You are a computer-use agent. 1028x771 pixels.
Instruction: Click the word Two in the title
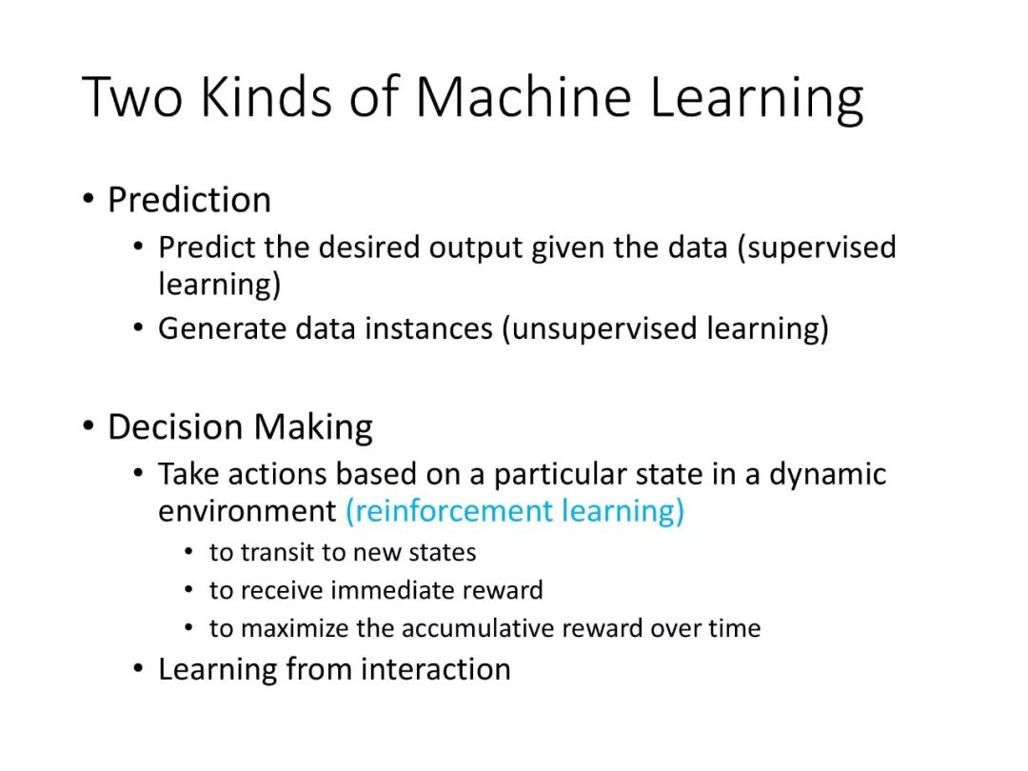point(131,97)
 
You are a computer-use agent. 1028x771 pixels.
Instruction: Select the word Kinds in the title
point(267,97)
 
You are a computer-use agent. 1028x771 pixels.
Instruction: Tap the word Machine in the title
point(524,97)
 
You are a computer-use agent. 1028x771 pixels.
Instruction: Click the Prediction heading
point(189,199)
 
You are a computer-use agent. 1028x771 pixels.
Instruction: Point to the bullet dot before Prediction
point(89,199)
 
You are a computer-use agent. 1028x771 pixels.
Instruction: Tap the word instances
point(428,327)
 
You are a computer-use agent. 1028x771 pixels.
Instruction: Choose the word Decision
point(175,426)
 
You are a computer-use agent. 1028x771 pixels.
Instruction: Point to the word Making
point(313,428)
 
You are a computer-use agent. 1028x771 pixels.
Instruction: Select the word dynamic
point(827,475)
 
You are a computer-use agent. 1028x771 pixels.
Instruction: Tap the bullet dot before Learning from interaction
point(138,669)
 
